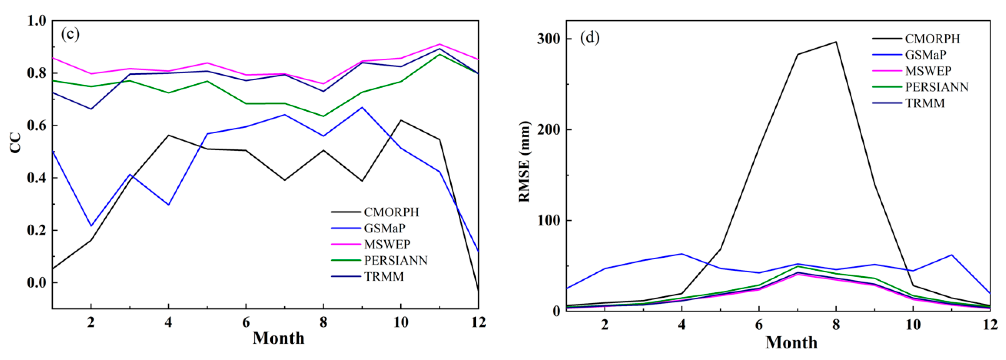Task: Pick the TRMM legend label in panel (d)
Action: coord(925,103)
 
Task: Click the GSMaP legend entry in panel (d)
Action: coord(926,55)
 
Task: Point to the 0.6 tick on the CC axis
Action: coord(37,126)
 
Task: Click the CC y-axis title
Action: coord(16,143)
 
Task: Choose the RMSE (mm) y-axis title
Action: coord(524,162)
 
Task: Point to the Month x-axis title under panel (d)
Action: coord(791,343)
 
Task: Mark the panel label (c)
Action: coord(70,34)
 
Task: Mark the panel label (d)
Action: coord(590,37)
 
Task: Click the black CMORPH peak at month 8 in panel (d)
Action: coord(836,42)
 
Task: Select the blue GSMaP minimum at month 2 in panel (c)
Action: coord(91,226)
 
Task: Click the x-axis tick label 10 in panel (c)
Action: coord(401,322)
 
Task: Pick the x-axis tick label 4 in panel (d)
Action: coord(681,324)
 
